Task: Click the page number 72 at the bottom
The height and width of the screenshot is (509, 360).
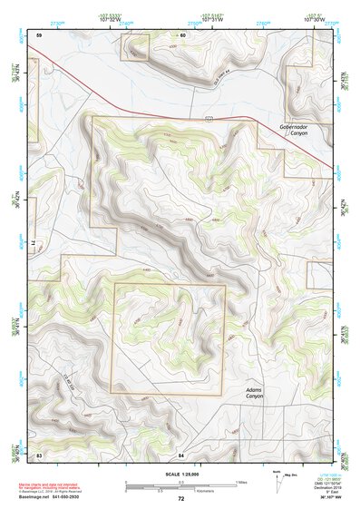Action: (x=180, y=498)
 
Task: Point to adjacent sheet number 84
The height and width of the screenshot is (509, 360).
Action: (x=180, y=454)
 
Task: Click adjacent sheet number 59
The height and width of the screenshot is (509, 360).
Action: (x=39, y=34)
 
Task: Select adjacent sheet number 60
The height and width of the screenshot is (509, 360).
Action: (x=181, y=34)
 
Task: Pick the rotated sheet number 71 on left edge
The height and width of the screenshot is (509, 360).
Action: (x=27, y=244)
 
